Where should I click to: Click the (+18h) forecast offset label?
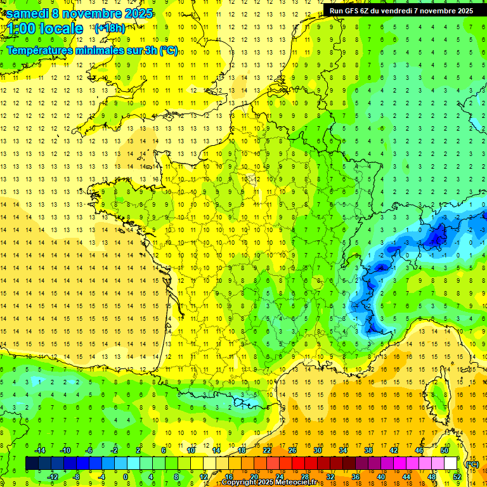109,28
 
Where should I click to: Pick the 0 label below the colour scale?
125,477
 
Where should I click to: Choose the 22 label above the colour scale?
267,450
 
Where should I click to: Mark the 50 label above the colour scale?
445,450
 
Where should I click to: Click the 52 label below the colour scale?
457,477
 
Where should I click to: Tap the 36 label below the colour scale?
356,477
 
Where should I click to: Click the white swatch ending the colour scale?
451,464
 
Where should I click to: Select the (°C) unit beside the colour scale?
472,464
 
